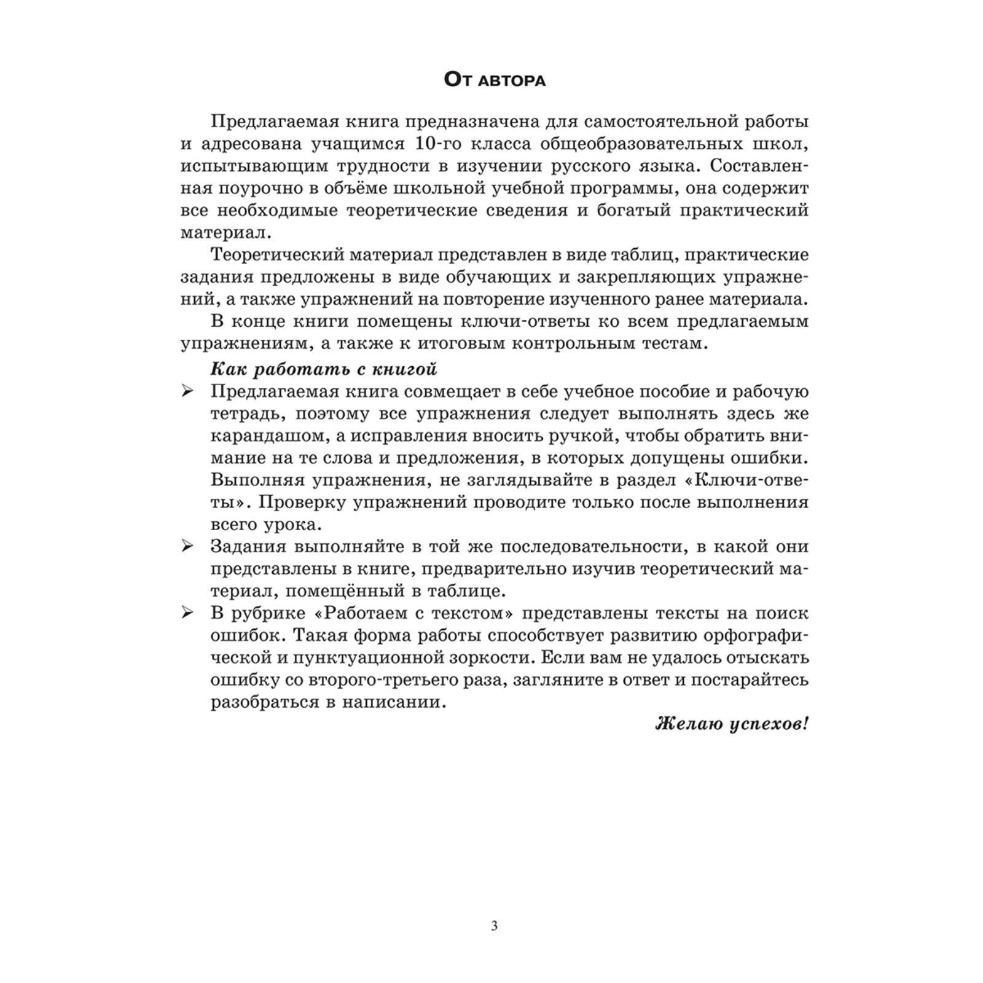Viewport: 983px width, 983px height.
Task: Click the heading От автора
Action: (x=495, y=80)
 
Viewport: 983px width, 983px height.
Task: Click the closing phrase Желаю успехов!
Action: (x=732, y=724)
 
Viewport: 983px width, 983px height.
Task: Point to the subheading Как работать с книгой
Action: (x=324, y=369)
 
